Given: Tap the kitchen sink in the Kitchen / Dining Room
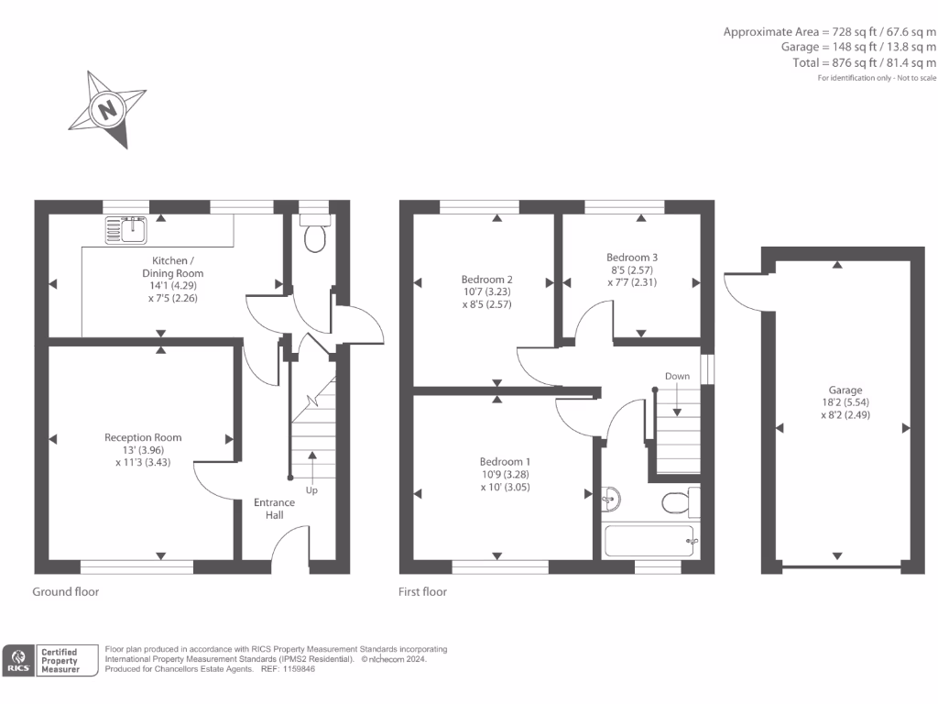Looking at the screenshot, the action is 126,229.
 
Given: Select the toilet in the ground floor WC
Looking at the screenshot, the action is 315,236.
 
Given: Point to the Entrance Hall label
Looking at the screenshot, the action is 275,509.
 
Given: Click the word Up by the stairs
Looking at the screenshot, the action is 311,490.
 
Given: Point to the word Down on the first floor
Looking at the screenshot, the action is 677,376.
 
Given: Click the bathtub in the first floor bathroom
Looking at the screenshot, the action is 650,540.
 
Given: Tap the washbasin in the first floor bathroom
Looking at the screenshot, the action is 612,500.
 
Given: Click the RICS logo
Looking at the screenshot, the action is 18,660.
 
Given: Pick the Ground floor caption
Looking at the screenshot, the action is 66,591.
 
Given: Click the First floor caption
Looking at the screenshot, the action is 422,591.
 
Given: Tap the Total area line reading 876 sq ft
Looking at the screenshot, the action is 865,62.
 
